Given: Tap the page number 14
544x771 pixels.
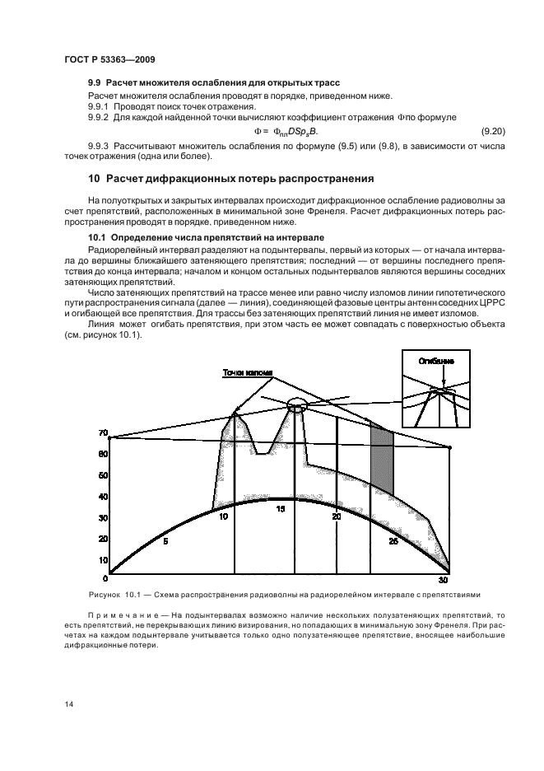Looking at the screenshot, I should click(67, 703).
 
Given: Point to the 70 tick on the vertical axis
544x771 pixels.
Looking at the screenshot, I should click(103, 432).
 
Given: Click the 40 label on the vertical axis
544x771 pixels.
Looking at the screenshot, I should click(103, 497).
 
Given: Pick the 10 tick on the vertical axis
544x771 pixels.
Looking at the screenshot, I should click(103, 560).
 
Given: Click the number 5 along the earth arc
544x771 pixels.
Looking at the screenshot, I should click(165, 541).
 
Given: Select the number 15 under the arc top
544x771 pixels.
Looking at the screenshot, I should click(280, 510).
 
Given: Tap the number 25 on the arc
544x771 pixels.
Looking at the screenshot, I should click(393, 541).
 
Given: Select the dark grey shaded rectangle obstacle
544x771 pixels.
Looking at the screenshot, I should click(381, 458).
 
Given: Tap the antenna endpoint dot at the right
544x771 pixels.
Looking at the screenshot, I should click(449, 447).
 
